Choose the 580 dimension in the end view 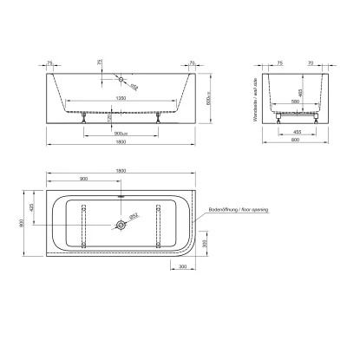[x=295, y=103]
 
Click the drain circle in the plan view [x=120, y=225]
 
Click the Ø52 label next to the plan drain [x=134, y=217]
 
